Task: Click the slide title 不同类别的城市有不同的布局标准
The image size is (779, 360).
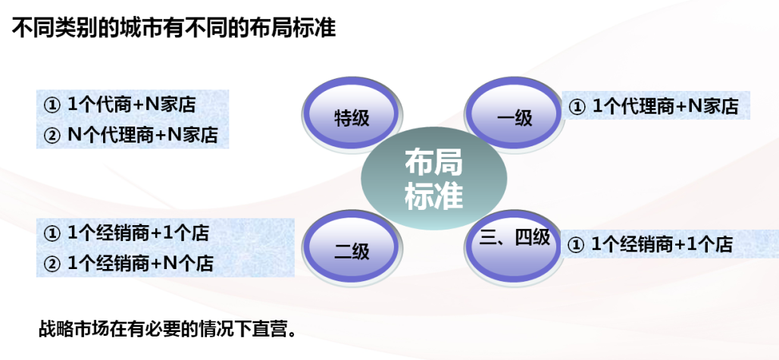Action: pyautogui.click(x=174, y=28)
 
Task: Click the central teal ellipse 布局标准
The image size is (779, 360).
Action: pyautogui.click(x=433, y=179)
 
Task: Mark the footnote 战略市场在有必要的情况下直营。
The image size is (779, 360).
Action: pyautogui.click(x=167, y=330)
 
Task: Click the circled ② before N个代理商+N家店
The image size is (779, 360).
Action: pyautogui.click(x=52, y=135)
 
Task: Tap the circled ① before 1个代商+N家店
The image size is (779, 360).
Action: pyautogui.click(x=52, y=105)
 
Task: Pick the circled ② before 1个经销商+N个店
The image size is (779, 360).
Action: pyautogui.click(x=52, y=264)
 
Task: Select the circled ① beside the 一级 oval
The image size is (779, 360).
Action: pyautogui.click(x=577, y=108)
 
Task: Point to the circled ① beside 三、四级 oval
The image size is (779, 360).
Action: pyautogui.click(x=575, y=245)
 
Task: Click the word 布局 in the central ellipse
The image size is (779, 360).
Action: pyautogui.click(x=433, y=162)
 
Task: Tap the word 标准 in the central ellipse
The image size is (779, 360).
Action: pyautogui.click(x=433, y=196)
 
